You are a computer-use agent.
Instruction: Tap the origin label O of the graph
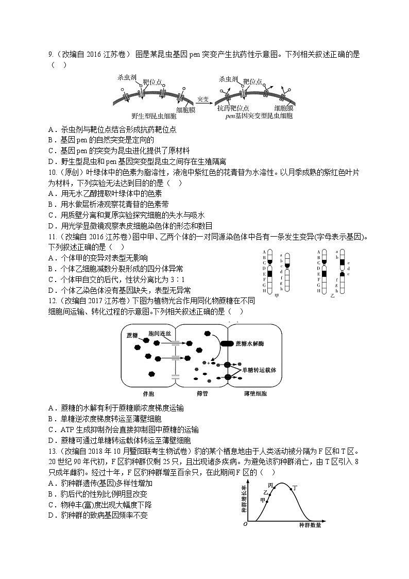coord(245,524)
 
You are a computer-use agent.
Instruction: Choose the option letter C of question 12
coord(51,429)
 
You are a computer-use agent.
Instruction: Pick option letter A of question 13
coord(51,484)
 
